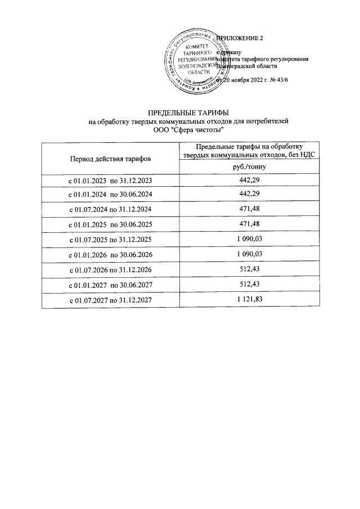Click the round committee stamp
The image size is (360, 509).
(197, 60)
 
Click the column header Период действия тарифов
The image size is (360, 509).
(110, 159)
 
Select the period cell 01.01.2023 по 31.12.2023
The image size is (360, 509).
(110, 181)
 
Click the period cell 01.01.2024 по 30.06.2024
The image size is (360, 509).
(110, 195)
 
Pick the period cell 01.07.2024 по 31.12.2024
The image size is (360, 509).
(110, 209)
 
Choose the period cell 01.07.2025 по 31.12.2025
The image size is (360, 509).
(110, 240)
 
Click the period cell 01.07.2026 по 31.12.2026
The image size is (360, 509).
(110, 270)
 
